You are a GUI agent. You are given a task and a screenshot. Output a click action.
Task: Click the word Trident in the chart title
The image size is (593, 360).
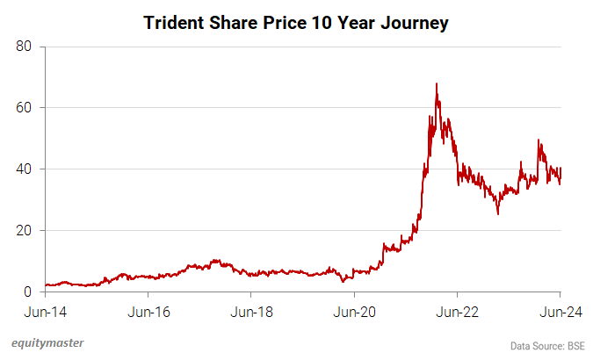(x=175, y=24)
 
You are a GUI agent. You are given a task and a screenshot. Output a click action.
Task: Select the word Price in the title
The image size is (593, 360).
(x=271, y=24)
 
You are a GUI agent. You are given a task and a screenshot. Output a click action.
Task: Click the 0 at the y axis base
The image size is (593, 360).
(x=28, y=292)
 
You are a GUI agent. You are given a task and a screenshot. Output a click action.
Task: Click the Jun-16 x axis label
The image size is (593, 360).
(x=148, y=312)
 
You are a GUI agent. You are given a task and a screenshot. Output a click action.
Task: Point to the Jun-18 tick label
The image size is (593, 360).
(x=251, y=312)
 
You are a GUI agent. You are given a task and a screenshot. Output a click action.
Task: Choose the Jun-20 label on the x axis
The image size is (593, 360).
(x=355, y=312)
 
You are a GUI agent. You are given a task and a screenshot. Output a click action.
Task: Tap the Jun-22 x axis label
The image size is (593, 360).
(x=458, y=312)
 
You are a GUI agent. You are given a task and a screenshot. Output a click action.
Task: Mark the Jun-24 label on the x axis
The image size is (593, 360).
(x=560, y=312)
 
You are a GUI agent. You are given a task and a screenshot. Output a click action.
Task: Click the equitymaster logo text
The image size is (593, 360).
(x=54, y=342)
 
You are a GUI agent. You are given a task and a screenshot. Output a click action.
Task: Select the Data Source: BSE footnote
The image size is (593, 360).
(x=547, y=346)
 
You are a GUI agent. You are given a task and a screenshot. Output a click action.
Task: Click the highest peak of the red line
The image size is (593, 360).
(x=437, y=84)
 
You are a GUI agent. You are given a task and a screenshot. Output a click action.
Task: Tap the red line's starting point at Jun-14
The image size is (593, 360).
(x=46, y=284)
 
